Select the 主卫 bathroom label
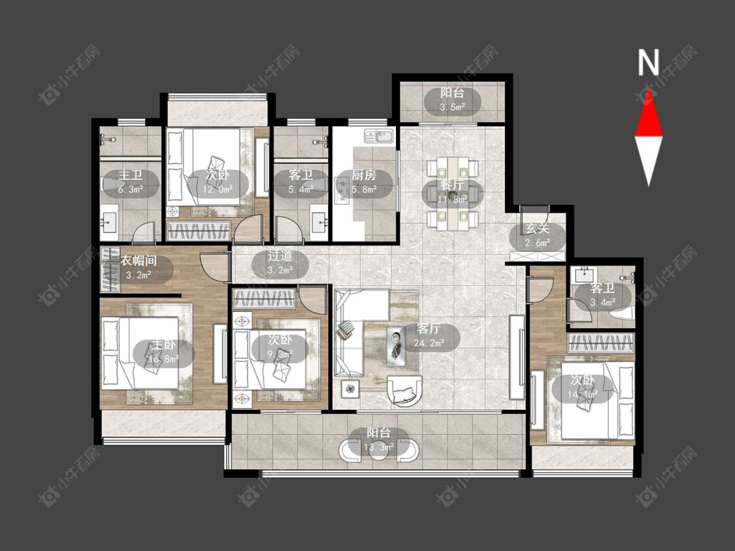coord(130,175)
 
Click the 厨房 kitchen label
coord(364,175)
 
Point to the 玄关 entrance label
coord(537,228)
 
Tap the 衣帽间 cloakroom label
coord(139,260)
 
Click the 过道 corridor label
coord(280,256)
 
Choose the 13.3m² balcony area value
coord(379,447)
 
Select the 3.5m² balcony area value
coord(452,107)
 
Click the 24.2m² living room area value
coord(429,343)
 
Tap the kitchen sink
coord(380,136)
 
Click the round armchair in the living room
coord(405,390)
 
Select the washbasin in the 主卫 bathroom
coord(110,220)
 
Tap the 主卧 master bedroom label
coord(163,345)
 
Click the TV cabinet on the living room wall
coord(517,357)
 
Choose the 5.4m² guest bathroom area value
coord(301,190)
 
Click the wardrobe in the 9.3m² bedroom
coord(265,298)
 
